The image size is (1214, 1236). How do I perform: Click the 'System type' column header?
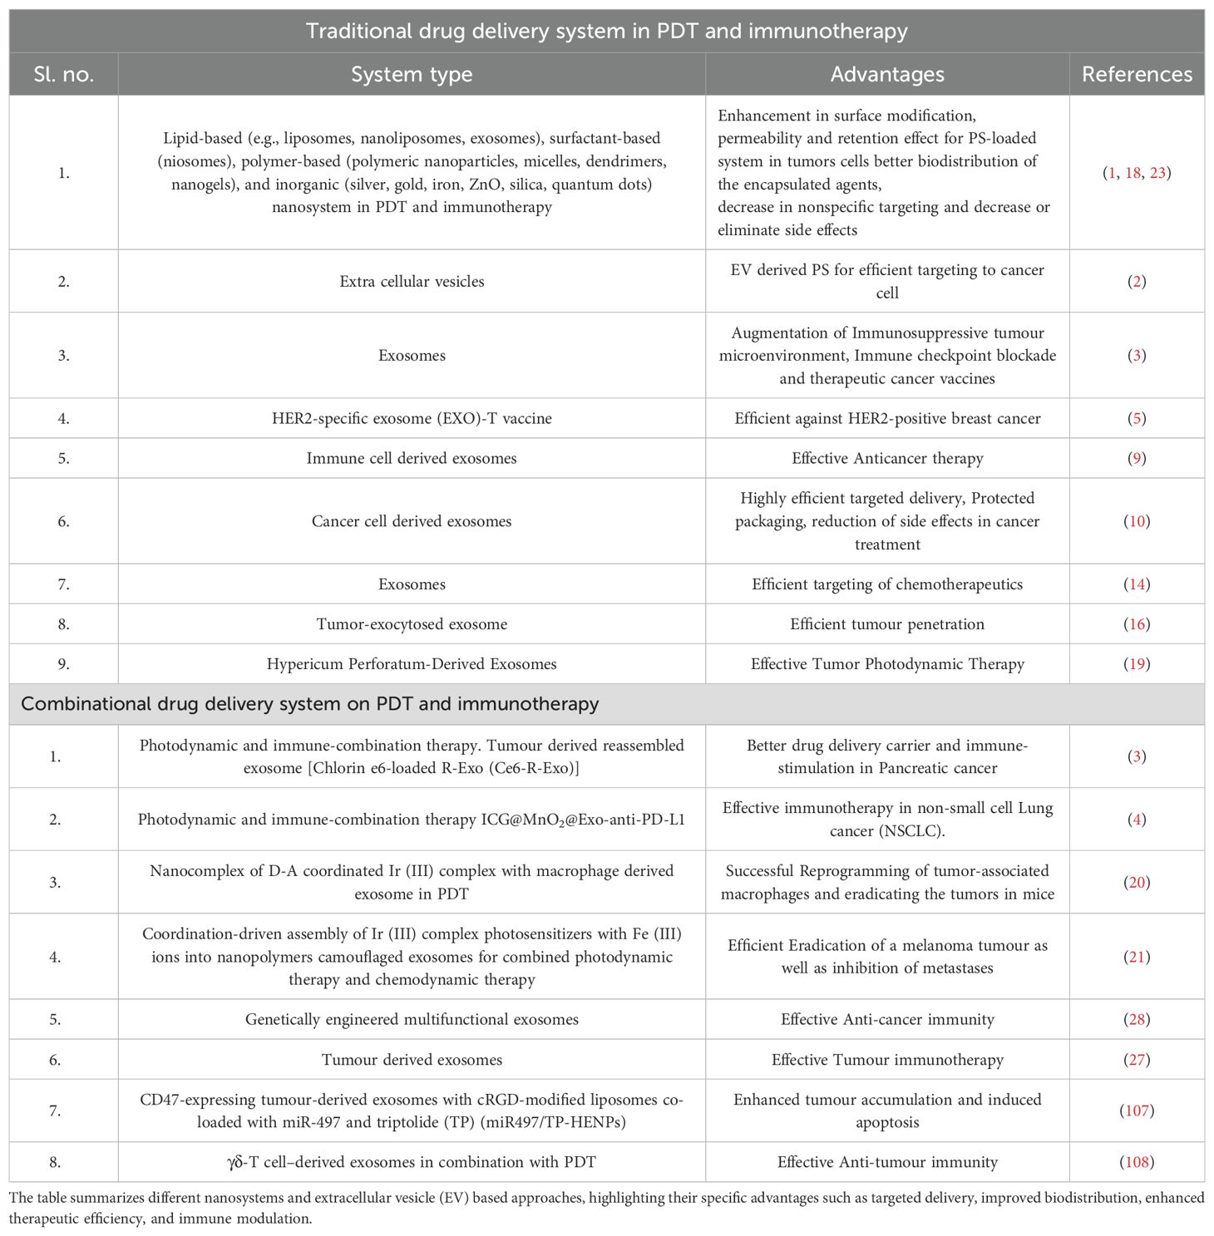pos(412,75)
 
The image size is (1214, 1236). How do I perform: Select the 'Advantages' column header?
pos(887,75)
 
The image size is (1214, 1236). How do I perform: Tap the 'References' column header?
pos(1137,75)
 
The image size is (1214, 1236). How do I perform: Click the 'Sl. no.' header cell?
pos(64,75)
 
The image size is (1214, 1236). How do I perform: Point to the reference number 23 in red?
pos(1157,173)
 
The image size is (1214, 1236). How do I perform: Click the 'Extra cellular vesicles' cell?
pos(412,282)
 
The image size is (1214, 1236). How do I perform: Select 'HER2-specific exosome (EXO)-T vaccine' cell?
pos(412,418)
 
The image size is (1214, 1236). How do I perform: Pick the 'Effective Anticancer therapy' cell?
pos(887,458)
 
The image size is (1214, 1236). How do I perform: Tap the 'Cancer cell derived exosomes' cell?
pos(412,521)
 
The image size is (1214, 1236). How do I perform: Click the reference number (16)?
pos(1137,624)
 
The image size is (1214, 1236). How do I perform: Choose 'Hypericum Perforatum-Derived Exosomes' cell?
pos(412,664)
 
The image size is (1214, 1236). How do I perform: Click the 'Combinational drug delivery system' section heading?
pos(309,704)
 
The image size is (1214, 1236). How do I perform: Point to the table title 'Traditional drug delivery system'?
pos(606,32)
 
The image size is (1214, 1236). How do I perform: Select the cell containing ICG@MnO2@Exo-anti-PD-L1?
pos(412,820)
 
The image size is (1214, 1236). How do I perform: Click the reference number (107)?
pos(1137,1110)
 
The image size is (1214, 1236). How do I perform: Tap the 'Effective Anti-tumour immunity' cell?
pos(887,1162)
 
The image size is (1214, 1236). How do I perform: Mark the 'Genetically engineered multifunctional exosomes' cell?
pos(412,1020)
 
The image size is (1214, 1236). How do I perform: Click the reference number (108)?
pos(1137,1162)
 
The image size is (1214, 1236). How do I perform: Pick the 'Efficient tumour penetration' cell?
pos(887,624)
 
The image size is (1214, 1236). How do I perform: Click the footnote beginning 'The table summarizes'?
pos(606,1209)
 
